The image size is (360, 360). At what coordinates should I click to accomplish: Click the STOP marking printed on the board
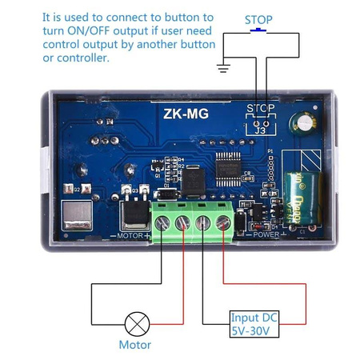click(260, 107)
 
